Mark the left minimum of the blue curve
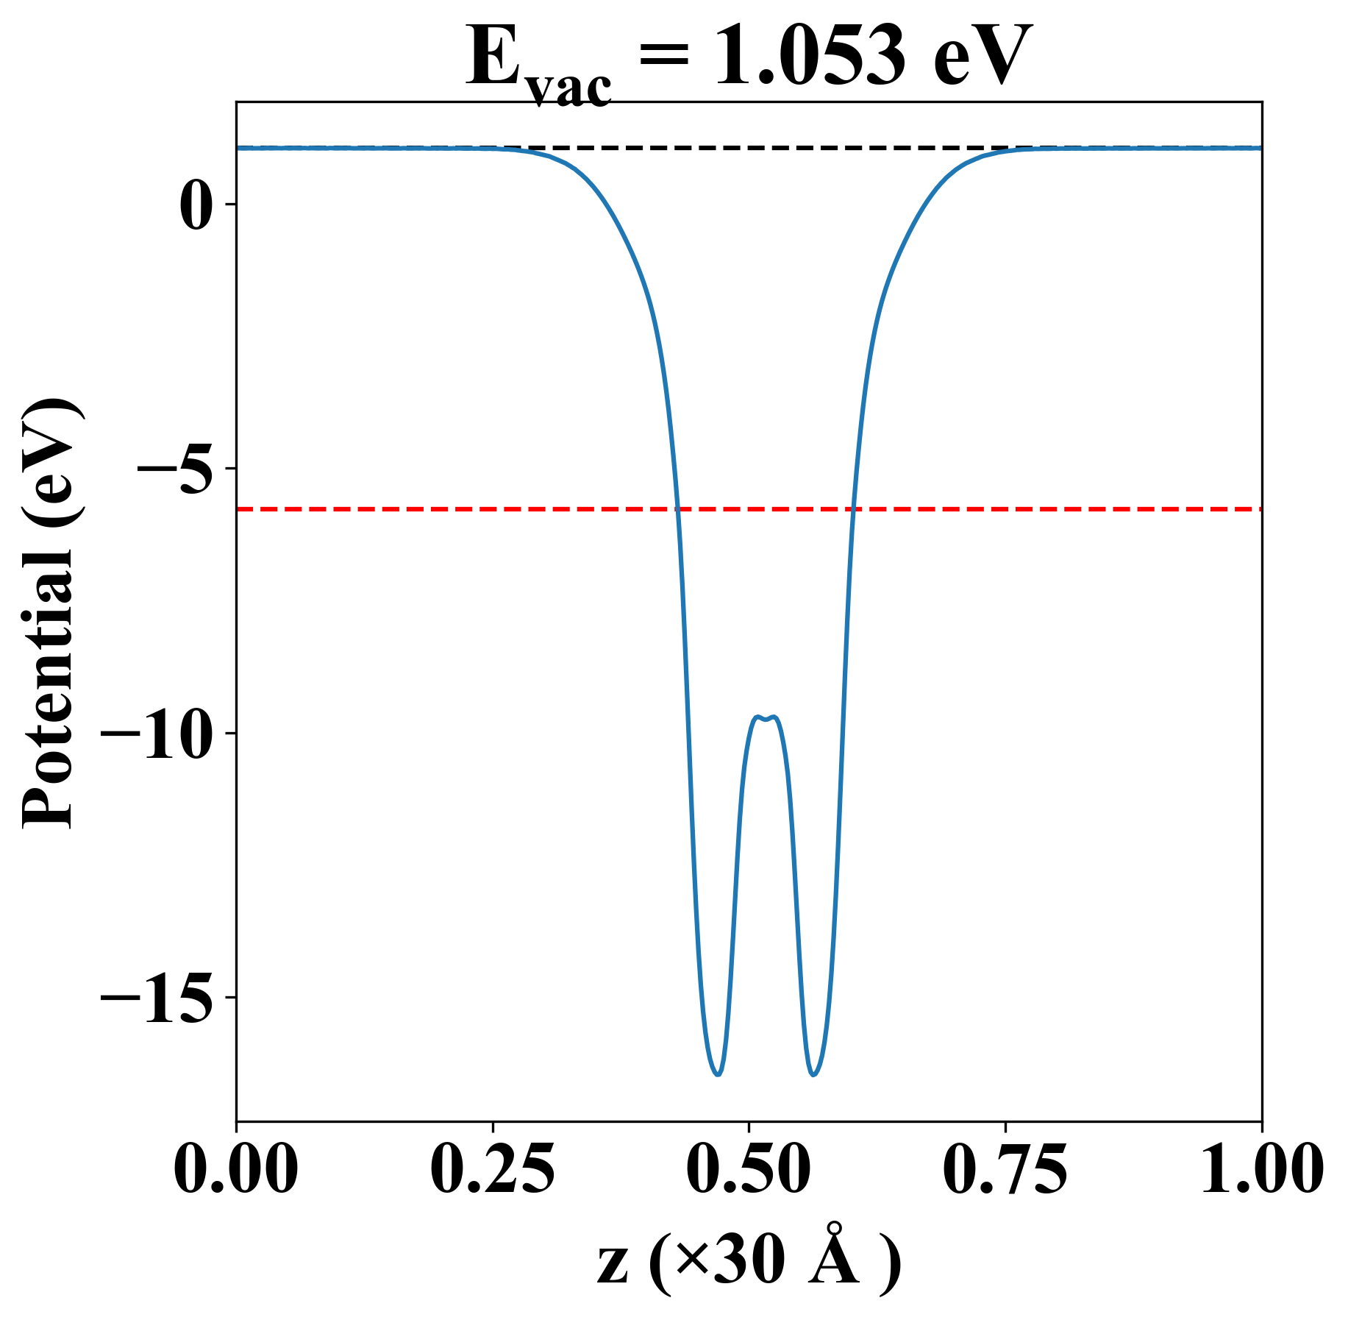click(718, 1075)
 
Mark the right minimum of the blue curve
click(813, 1075)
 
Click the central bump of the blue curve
click(766, 718)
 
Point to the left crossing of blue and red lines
click(678, 508)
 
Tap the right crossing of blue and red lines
click(853, 508)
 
